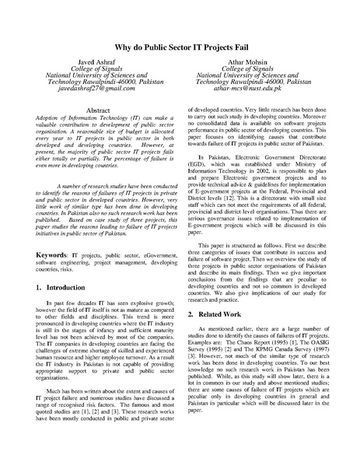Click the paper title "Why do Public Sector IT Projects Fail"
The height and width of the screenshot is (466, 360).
[180, 47]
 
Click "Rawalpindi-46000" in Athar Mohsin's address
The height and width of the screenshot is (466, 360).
[264, 83]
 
